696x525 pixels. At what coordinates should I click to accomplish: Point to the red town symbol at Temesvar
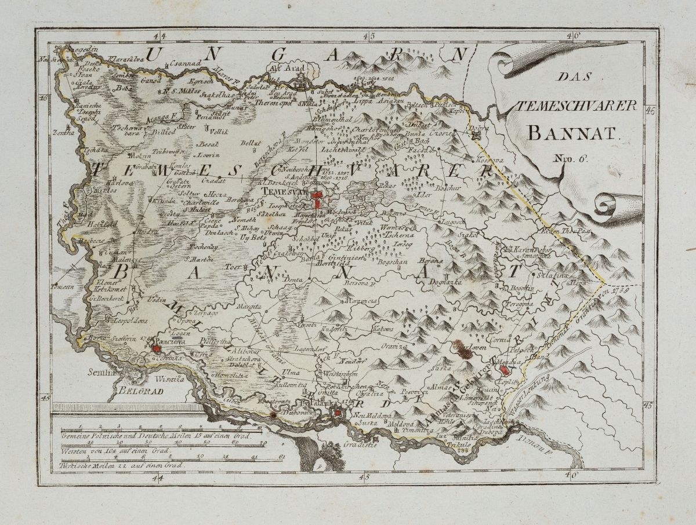pos(317,199)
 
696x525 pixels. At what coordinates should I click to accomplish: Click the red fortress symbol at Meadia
pos(505,369)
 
